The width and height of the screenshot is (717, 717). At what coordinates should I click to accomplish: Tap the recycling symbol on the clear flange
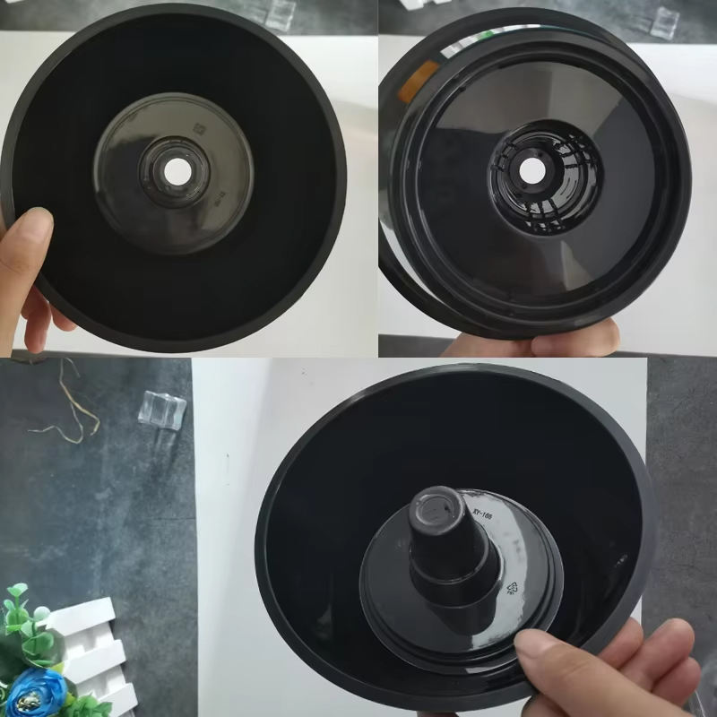(514, 588)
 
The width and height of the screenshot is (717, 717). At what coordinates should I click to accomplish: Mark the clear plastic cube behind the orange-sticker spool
(664, 22)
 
